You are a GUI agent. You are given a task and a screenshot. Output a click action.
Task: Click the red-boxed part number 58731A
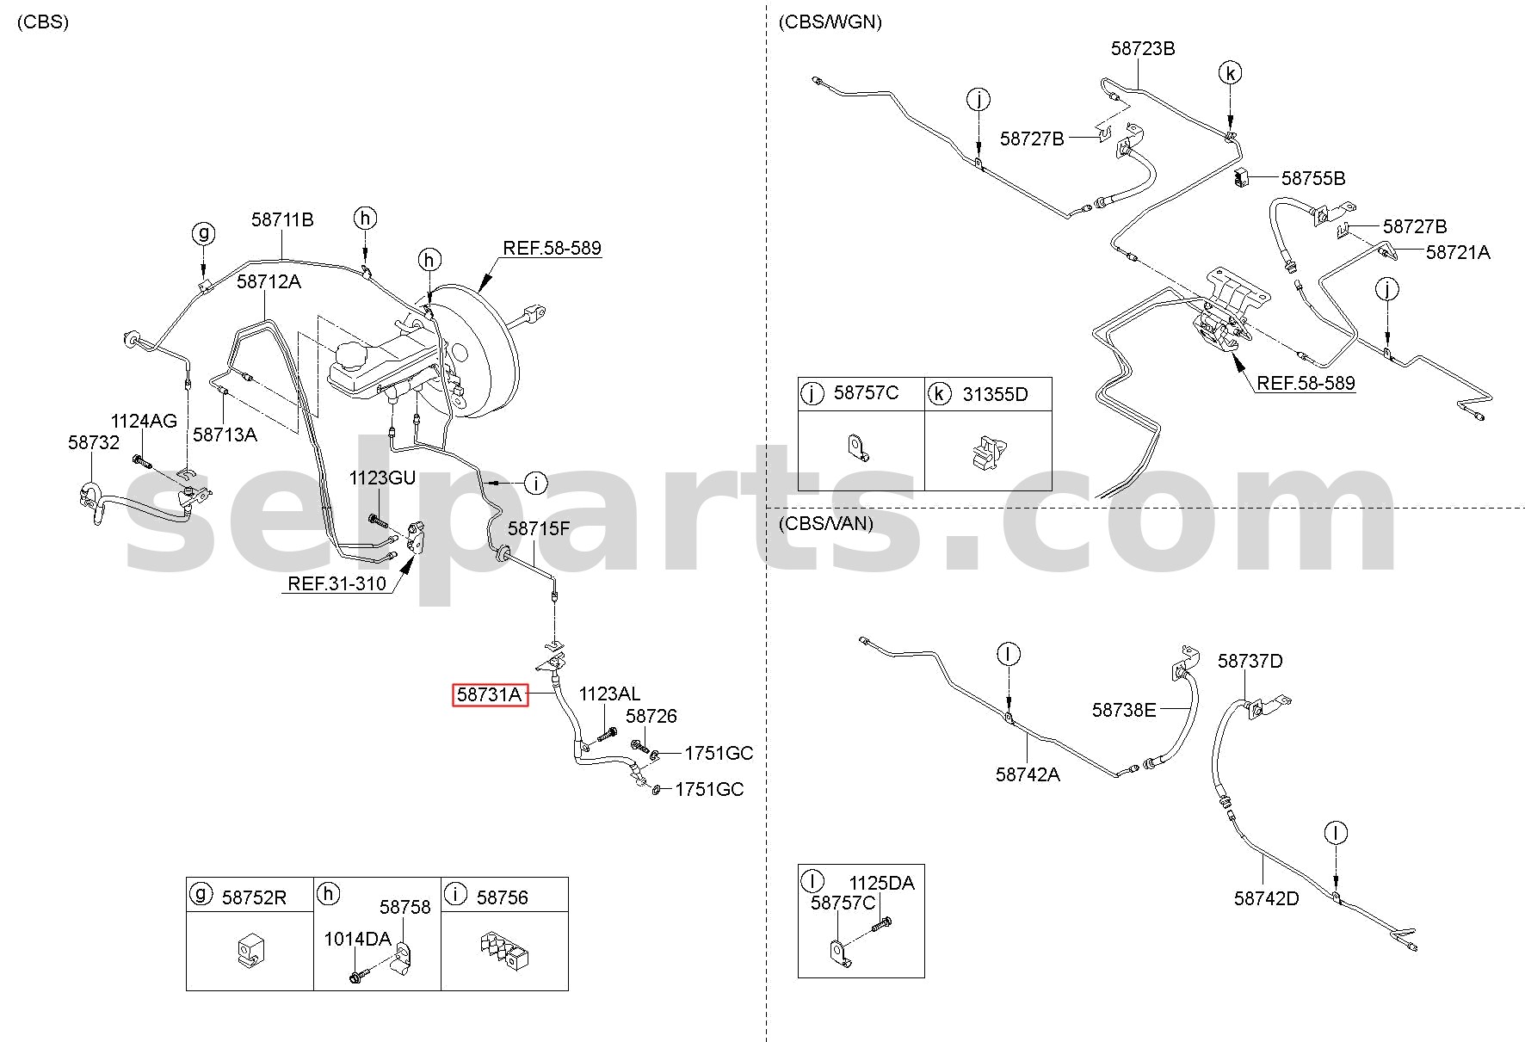pyautogui.click(x=491, y=694)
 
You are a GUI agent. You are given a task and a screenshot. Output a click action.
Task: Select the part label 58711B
pyautogui.click(x=282, y=220)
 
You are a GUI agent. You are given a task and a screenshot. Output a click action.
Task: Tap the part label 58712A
pyautogui.click(x=269, y=281)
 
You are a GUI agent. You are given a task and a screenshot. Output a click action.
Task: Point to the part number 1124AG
pyautogui.click(x=144, y=421)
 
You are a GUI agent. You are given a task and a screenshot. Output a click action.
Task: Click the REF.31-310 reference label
pyautogui.click(x=336, y=583)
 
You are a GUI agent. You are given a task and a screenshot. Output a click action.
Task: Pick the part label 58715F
pyautogui.click(x=539, y=528)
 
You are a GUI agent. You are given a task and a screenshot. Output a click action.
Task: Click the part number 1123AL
pyautogui.click(x=609, y=694)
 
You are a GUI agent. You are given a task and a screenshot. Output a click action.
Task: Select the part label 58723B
pyautogui.click(x=1143, y=48)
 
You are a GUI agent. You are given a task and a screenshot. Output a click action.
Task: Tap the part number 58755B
pyautogui.click(x=1313, y=178)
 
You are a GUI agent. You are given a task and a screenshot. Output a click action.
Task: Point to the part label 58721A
pyautogui.click(x=1458, y=252)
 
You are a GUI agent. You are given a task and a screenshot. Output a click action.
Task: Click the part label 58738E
pyautogui.click(x=1124, y=710)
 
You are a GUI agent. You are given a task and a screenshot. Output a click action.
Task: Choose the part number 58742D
pyautogui.click(x=1266, y=898)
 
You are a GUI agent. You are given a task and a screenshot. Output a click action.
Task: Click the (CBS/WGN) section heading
pyautogui.click(x=830, y=22)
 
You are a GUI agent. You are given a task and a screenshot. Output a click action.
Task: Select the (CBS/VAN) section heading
pyautogui.click(x=825, y=523)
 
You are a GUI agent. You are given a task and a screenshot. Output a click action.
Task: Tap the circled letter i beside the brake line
pyautogui.click(x=535, y=484)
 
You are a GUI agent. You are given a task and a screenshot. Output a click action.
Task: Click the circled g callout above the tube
pyautogui.click(x=203, y=232)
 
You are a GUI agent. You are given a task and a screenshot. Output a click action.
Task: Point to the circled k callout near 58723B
pyautogui.click(x=1231, y=73)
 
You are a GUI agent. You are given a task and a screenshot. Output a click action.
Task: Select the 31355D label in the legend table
pyautogui.click(x=995, y=394)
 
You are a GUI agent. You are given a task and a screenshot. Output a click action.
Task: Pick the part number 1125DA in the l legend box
pyautogui.click(x=881, y=883)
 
